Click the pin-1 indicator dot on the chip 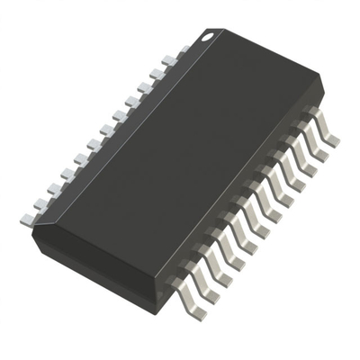(x=207, y=37)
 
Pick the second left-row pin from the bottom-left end (x=40, y=202)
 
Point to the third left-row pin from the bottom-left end (x=53, y=188)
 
